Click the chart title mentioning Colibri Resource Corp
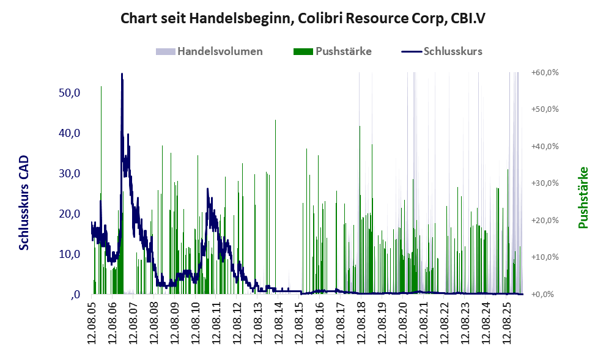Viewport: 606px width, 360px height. coord(303,18)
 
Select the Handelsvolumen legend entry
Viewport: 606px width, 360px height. coord(209,51)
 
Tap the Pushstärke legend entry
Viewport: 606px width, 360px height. coord(333,51)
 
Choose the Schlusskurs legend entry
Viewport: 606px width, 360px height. coord(442,51)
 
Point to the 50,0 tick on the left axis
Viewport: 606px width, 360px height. coord(70,93)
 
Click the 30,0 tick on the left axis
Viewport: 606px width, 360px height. coord(70,174)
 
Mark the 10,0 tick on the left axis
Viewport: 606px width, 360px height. coord(70,254)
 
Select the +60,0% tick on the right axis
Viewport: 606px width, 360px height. coord(545,72)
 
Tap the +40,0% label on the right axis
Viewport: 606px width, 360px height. coord(545,147)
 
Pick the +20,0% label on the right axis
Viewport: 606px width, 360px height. coord(545,220)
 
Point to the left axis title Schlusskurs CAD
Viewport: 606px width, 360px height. coord(24,203)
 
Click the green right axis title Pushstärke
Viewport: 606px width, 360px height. coord(583,197)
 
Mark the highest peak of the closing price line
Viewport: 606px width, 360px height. coord(122,74)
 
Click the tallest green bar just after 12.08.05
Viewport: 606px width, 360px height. coord(102,189)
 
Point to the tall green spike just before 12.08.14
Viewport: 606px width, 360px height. coord(276,207)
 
